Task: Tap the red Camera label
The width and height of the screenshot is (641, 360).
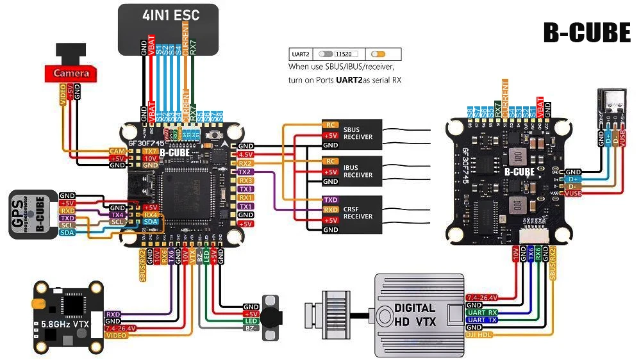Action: pos(71,74)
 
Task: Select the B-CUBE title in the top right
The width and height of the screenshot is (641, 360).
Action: pos(587,33)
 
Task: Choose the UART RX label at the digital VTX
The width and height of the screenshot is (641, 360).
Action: pos(483,312)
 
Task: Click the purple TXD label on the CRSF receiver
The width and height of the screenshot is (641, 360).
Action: pos(330,200)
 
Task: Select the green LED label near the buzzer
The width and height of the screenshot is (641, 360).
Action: pos(250,320)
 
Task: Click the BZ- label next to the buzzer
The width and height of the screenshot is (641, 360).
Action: pos(250,328)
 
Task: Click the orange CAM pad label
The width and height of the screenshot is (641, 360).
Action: pos(116,151)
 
